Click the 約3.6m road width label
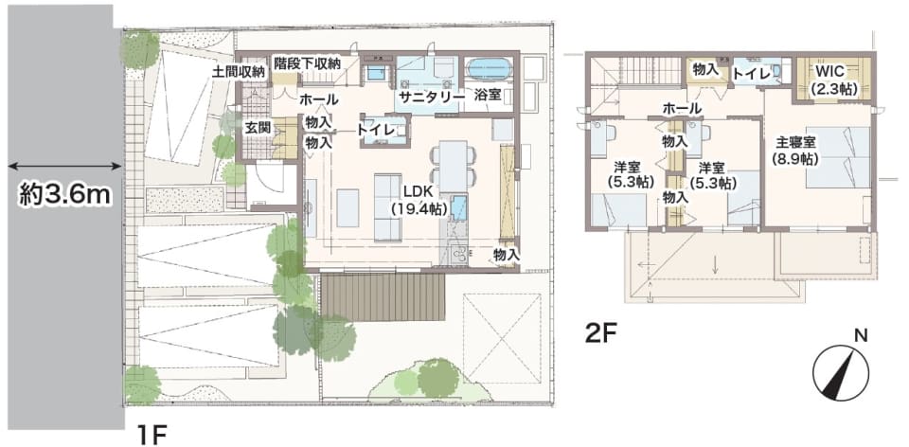[x=64, y=195]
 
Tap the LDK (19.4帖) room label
[x=419, y=200]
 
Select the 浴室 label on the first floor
[x=488, y=96]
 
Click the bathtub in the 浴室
[x=489, y=69]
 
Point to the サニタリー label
[x=433, y=97]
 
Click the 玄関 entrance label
[x=258, y=128]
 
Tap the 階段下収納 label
[x=307, y=63]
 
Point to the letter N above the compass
[x=861, y=335]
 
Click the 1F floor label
[x=152, y=435]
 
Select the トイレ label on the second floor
[x=751, y=74]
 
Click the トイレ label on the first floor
[x=376, y=131]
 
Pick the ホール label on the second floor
[x=682, y=108]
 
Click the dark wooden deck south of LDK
[x=383, y=297]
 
